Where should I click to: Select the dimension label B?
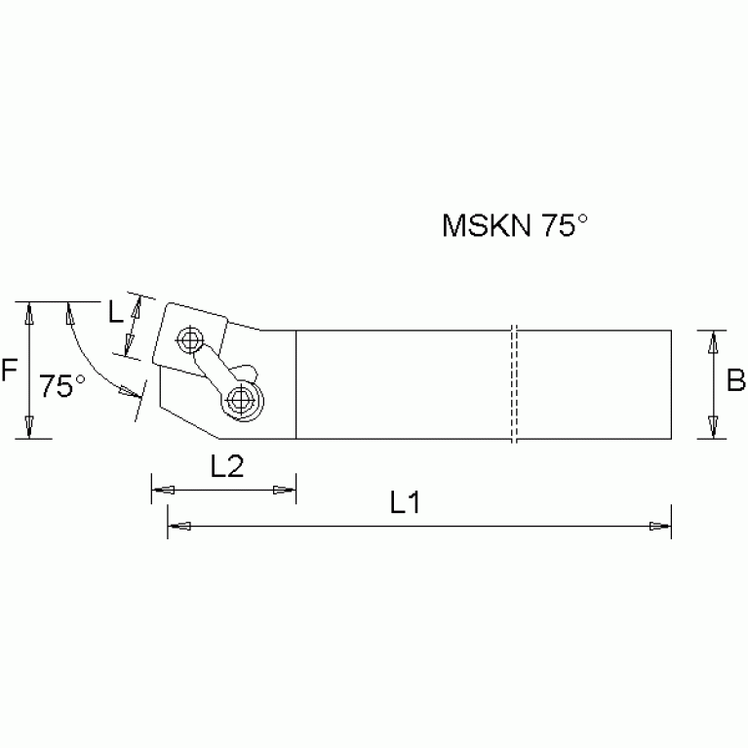pos(736,380)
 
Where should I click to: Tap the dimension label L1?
pos(404,504)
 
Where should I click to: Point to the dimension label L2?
pos(226,467)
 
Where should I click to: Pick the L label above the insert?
pos(116,313)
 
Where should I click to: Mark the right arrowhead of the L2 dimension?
pos(286,490)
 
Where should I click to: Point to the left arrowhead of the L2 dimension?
pos(162,490)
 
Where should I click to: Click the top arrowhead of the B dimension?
pos(714,340)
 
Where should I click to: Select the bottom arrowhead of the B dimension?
pos(714,427)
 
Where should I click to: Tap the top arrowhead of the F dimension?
pos(31,314)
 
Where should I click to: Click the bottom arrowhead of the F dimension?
pos(31,426)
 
